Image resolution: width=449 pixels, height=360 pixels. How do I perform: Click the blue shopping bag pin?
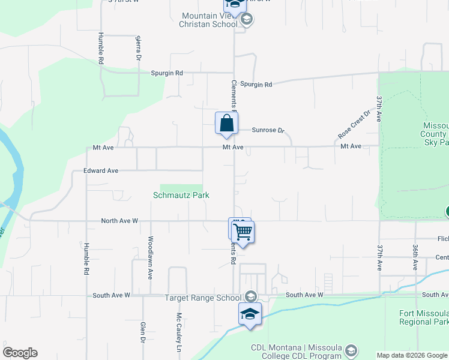[226, 124]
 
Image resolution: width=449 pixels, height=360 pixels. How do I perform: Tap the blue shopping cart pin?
[243, 231]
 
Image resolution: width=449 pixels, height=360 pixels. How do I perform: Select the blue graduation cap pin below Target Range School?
[250, 314]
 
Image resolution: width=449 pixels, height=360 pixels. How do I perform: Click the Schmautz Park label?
[181, 195]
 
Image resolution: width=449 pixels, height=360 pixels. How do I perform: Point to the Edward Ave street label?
[101, 171]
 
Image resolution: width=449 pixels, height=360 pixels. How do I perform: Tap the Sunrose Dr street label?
[267, 130]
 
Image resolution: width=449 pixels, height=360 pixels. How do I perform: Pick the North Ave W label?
[119, 221]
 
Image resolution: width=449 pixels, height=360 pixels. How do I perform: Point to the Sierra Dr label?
[138, 48]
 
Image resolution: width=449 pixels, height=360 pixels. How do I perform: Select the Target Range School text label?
[203, 298]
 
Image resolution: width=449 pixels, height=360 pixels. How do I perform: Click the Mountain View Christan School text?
[209, 20]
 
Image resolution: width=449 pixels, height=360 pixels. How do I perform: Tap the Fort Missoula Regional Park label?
[423, 318]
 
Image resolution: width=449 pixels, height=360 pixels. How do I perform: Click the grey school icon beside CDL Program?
[352, 350]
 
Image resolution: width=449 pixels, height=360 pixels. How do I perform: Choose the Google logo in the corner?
[20, 353]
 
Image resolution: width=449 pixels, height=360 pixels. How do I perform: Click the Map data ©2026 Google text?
[411, 355]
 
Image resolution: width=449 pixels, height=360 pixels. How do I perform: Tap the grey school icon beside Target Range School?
[250, 297]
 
